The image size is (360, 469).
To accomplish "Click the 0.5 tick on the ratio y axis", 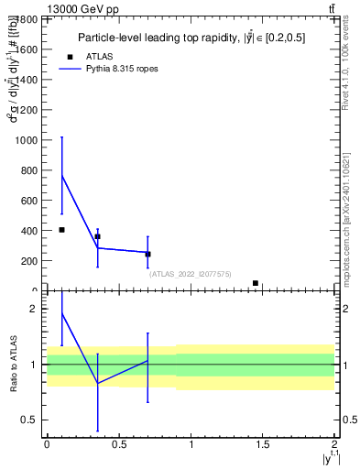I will coord(33,420).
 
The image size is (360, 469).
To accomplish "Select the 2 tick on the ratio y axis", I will coord(35,309).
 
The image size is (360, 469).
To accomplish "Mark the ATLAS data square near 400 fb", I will coord(61,230).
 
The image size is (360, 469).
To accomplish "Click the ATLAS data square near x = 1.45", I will coord(256,283).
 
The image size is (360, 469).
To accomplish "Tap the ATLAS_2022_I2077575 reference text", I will coord(191,274).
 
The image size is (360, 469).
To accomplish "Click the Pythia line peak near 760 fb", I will coord(61,176).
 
